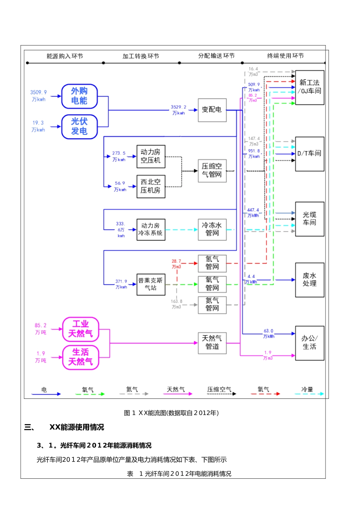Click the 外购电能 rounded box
click(80, 96)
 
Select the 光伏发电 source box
click(80, 126)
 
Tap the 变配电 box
click(212, 110)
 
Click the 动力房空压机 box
click(151, 156)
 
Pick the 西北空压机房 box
click(151, 186)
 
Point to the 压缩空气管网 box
click(212, 170)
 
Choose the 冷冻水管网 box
click(212, 230)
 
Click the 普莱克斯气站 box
click(151, 284)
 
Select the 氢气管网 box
click(212, 263)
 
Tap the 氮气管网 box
click(212, 305)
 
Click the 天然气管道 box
click(212, 343)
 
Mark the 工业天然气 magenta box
click(80, 329)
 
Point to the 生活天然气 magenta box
click(80, 358)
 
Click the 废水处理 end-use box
click(310, 280)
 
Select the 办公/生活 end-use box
click(310, 343)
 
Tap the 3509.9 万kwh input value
click(38, 96)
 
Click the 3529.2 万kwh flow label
click(178, 110)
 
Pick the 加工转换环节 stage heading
click(141, 56)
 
